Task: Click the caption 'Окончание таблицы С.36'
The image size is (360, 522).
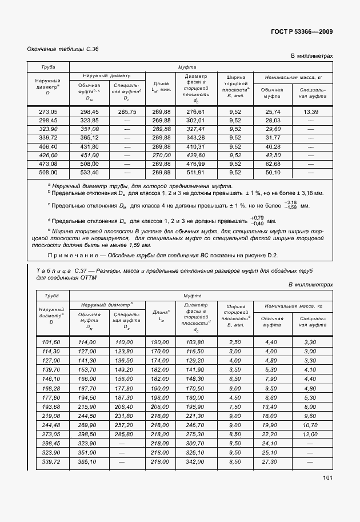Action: [63, 49]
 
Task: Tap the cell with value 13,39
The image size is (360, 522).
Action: [311, 112]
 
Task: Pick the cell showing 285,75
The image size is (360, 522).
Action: [127, 112]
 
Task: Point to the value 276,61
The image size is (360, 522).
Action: [195, 112]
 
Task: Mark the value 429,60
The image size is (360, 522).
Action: [195, 155]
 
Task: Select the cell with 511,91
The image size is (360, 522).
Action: [195, 172]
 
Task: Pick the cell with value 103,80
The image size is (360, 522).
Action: [195, 342]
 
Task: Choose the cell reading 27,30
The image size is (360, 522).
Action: [270, 461]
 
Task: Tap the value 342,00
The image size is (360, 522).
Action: [195, 461]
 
